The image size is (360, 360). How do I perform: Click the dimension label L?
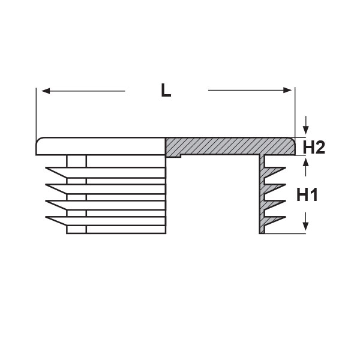click(x=166, y=90)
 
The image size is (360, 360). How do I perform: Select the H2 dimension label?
click(x=314, y=148)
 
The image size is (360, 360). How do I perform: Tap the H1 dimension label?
click(x=307, y=194)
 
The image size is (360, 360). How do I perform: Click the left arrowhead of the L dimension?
click(x=46, y=91)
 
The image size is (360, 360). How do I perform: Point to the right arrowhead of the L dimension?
click(x=287, y=90)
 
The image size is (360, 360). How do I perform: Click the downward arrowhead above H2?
click(x=305, y=131)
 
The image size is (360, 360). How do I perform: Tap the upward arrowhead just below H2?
click(x=305, y=163)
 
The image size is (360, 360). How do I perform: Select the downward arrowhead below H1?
click(x=305, y=227)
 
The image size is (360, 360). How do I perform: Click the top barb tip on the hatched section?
click(x=286, y=168)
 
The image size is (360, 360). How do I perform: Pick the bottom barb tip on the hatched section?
click(x=286, y=217)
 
